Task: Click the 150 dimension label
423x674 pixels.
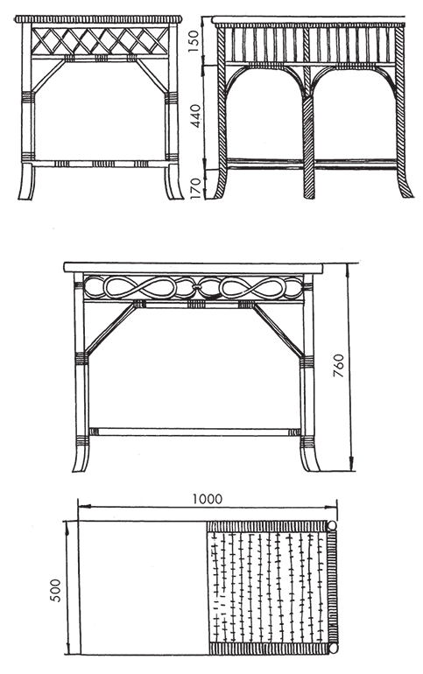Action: coord(194,41)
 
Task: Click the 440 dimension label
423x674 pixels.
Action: coord(195,116)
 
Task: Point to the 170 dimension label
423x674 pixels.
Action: coord(195,188)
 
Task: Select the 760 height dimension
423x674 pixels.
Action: coord(339,365)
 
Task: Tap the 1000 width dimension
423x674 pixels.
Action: coord(208,499)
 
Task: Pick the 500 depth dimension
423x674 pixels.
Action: coord(56,590)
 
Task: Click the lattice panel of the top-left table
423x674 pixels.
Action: coord(99,41)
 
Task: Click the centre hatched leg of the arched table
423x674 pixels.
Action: coord(308,147)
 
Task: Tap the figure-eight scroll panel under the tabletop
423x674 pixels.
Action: coord(194,287)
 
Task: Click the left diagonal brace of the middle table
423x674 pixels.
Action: coord(111,328)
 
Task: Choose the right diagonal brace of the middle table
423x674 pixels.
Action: coord(278,329)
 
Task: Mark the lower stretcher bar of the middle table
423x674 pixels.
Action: coord(194,432)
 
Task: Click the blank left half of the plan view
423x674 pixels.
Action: coord(143,587)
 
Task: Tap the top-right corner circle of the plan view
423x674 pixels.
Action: coord(333,525)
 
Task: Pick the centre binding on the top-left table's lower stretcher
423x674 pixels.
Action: coord(103,164)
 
